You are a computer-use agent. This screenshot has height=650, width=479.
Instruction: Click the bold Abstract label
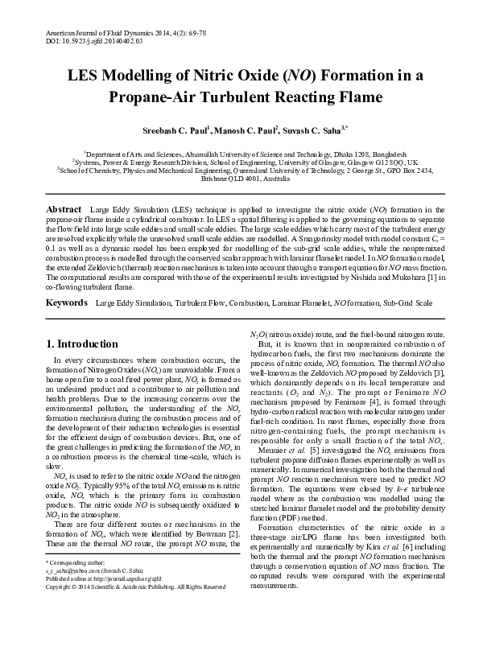coord(63,208)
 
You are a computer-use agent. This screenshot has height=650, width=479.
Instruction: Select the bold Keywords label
coord(67,303)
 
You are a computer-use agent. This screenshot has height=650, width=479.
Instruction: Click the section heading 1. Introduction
coord(81,344)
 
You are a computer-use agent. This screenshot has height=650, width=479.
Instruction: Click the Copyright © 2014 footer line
coord(135,632)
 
